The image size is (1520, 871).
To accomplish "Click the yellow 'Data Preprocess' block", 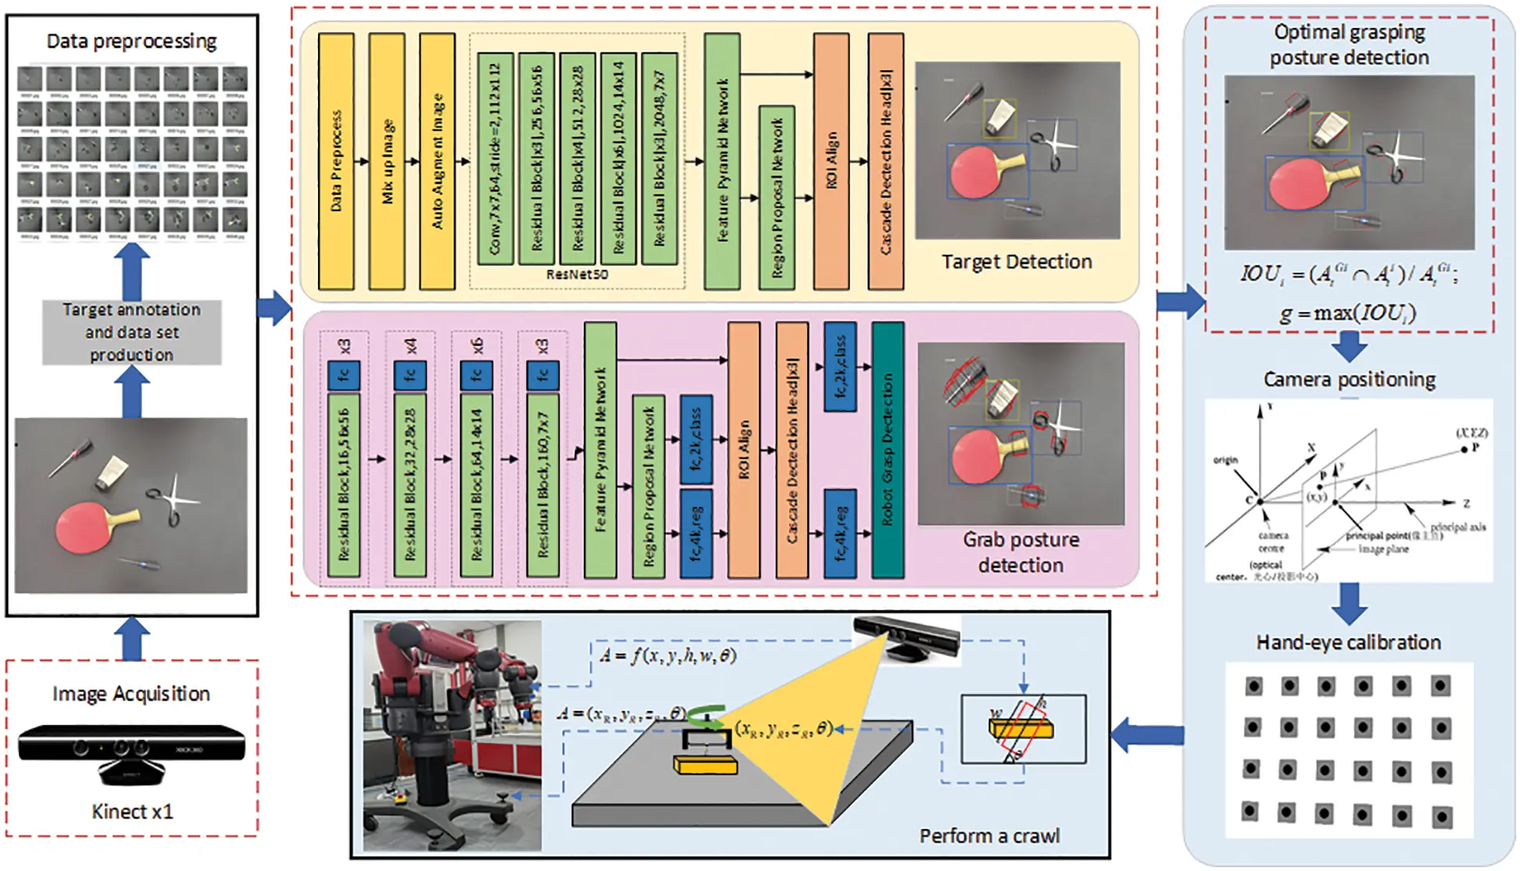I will [x=336, y=161].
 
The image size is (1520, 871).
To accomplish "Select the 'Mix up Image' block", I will [x=387, y=161].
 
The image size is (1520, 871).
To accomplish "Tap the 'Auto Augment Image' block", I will [x=437, y=161].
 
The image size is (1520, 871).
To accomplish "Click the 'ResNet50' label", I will [x=577, y=274].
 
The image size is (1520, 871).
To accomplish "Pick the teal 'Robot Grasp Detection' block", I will [x=888, y=450].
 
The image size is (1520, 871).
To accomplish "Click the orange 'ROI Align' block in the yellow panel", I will [x=832, y=161].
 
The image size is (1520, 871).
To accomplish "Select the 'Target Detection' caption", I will [x=1016, y=262].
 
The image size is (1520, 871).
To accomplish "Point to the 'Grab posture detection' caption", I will [x=1021, y=552].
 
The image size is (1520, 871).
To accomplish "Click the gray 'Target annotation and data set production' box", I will [x=131, y=332].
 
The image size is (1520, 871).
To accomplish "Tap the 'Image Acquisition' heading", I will [x=131, y=694].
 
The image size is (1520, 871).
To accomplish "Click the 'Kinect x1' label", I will [x=131, y=812].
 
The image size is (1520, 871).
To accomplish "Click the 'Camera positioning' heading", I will [x=1350, y=380].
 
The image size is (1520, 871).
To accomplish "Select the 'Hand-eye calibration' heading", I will [x=1349, y=643].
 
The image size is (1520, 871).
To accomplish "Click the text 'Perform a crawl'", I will [x=989, y=836].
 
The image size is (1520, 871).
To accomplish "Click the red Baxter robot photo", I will [x=452, y=735].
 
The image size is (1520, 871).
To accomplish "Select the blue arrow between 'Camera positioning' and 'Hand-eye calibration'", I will [x=1350, y=604].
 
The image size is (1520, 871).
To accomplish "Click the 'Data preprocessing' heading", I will [x=131, y=41].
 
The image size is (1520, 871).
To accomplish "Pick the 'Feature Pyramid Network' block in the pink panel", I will [x=600, y=450].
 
